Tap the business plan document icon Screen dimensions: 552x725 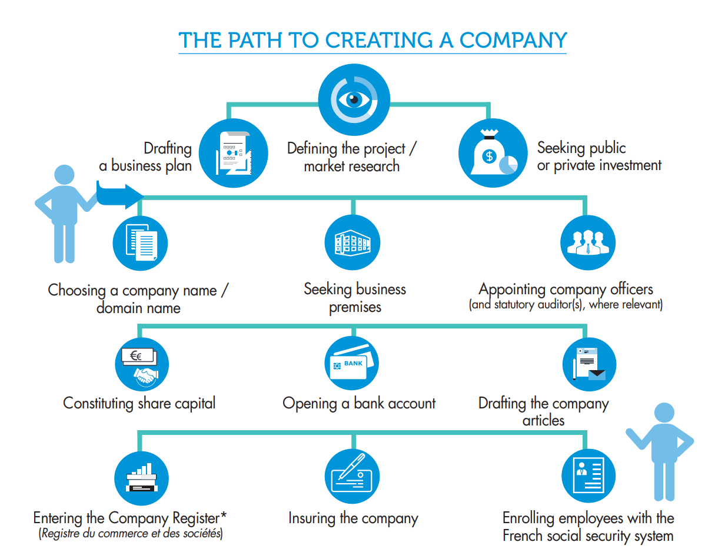tap(234, 152)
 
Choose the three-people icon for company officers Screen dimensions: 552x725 tap(587, 242)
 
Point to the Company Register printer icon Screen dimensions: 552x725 tap(141, 478)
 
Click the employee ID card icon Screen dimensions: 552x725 tap(588, 475)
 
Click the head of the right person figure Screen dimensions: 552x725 tap(664, 413)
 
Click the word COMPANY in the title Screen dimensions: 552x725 tap(513, 40)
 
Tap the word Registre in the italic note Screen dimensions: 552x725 tap(58, 534)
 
